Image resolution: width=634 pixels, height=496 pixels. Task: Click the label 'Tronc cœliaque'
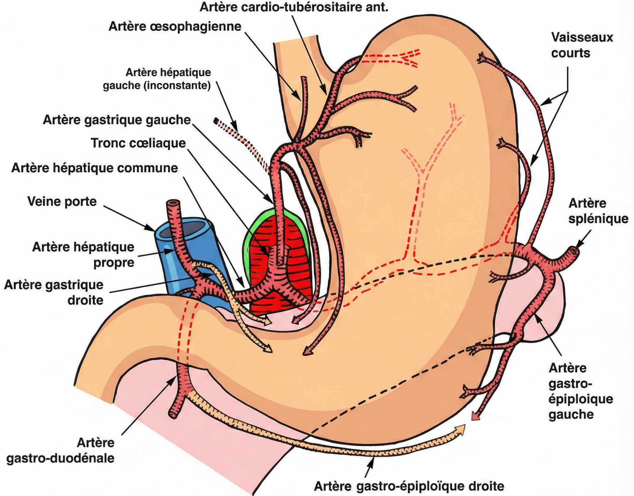pos(138,143)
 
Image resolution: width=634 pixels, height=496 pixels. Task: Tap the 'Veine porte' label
pos(62,202)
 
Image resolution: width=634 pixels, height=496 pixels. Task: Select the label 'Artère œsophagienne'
pos(175,27)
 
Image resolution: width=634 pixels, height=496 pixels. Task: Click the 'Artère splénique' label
pos(598,211)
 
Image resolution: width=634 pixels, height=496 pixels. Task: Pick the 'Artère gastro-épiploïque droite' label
pos(409,486)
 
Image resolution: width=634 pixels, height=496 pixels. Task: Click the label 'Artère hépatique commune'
pos(95,168)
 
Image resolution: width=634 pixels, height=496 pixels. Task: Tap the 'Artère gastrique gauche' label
pos(117,120)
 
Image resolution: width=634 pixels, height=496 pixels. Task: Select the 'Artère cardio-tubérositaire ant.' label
pos(294,7)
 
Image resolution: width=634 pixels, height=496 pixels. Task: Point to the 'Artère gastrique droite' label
pos(54,293)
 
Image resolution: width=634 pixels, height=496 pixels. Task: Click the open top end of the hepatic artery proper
pos(173,204)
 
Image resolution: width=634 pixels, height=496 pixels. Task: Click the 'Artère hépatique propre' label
pos(83,255)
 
